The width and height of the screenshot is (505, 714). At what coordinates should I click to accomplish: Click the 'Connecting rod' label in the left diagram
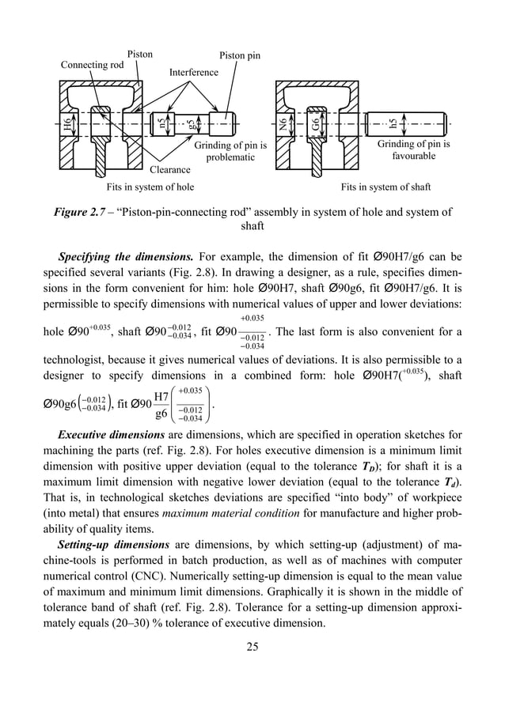tap(93, 65)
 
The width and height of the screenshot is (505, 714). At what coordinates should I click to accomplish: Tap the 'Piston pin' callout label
tap(239, 56)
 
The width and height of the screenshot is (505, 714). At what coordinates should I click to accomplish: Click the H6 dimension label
tap(69, 123)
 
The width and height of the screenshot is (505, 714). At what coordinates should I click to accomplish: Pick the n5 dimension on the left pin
tap(162, 123)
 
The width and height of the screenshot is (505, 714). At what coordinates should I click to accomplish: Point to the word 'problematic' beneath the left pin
tap(230, 157)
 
